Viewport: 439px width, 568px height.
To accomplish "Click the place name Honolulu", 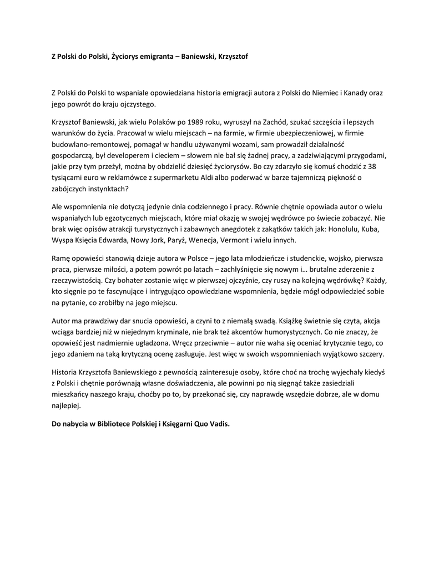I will coord(345,230).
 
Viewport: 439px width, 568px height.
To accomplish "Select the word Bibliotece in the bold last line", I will coord(118,424).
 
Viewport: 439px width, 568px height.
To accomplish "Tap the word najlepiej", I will coord(66,406).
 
